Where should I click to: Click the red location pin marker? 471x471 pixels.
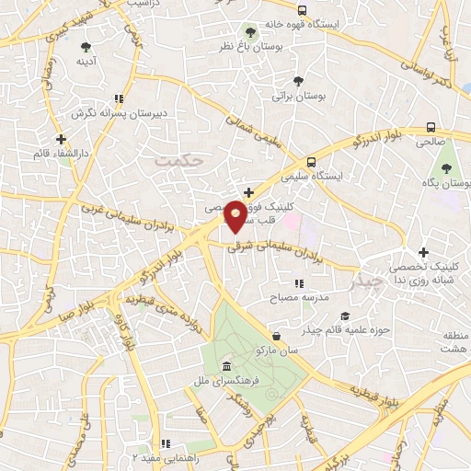235,217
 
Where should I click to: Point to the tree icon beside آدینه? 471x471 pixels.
86,46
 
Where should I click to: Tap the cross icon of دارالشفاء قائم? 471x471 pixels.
61,140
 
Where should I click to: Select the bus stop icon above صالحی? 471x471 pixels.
431,128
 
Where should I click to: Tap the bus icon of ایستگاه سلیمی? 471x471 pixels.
311,159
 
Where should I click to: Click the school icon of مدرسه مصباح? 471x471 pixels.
298,284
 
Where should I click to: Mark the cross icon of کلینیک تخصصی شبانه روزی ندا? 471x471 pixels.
423,253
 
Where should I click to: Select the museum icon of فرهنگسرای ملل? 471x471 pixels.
226,368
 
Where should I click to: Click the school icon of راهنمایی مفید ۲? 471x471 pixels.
166,443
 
